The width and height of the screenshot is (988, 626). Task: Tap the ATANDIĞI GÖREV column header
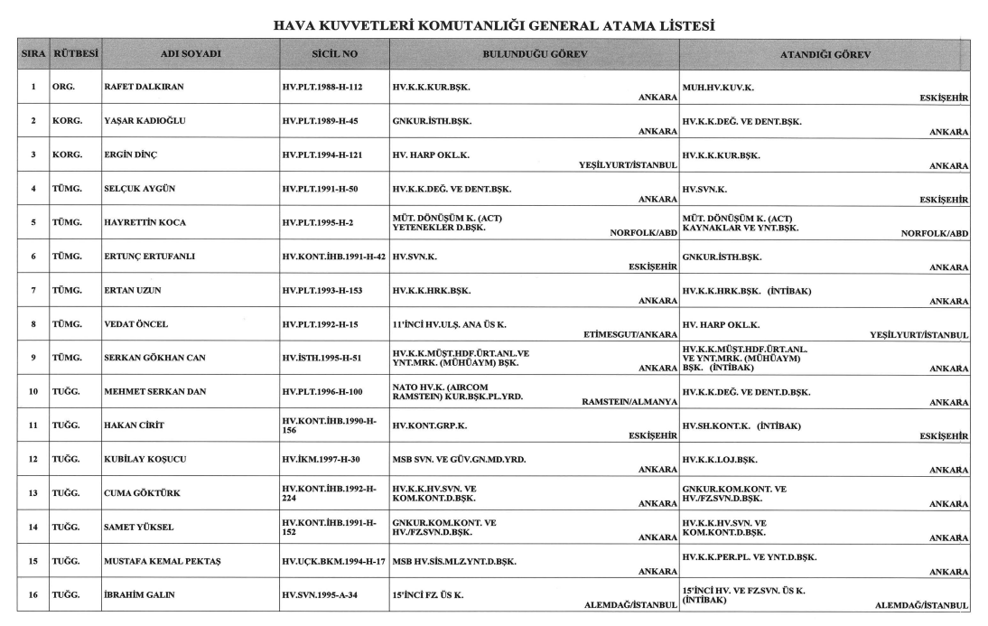pos(825,54)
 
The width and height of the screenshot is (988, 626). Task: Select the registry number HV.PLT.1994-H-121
pos(331,155)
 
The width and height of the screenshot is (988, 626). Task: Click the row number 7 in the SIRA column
pos(33,291)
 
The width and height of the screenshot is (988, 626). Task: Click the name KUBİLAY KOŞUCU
pos(145,459)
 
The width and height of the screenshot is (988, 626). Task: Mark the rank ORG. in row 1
pos(63,88)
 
